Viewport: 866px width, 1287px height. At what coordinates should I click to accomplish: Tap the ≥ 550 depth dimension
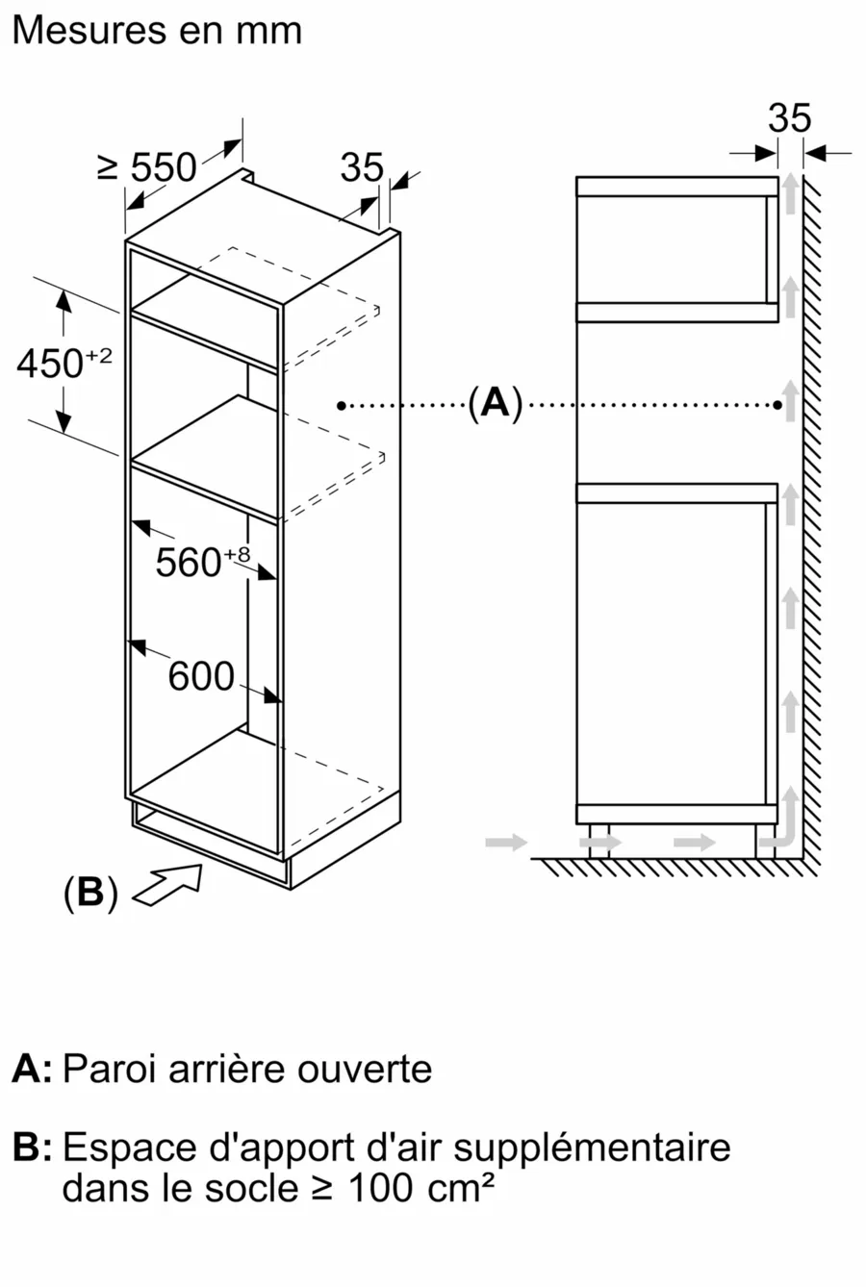147,167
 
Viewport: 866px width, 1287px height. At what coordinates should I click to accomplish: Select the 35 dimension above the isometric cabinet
362,167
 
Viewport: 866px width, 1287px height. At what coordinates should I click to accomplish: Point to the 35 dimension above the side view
790,117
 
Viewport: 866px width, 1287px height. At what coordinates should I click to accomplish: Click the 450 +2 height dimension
64,364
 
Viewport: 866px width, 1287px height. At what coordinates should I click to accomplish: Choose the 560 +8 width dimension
203,562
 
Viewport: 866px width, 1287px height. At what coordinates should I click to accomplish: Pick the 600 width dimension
201,675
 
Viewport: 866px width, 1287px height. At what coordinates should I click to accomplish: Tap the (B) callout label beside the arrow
90,893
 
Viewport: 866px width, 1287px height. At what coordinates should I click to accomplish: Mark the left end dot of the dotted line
342,406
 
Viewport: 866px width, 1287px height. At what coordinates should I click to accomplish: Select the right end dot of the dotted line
777,406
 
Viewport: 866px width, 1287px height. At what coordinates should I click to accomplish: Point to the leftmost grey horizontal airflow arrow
506,843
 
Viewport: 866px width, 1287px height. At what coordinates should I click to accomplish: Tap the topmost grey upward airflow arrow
791,192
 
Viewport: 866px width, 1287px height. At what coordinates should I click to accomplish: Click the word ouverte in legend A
365,1070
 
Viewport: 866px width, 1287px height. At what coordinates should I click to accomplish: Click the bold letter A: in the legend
32,1069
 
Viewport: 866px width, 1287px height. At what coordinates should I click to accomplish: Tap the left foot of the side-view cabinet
599,841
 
